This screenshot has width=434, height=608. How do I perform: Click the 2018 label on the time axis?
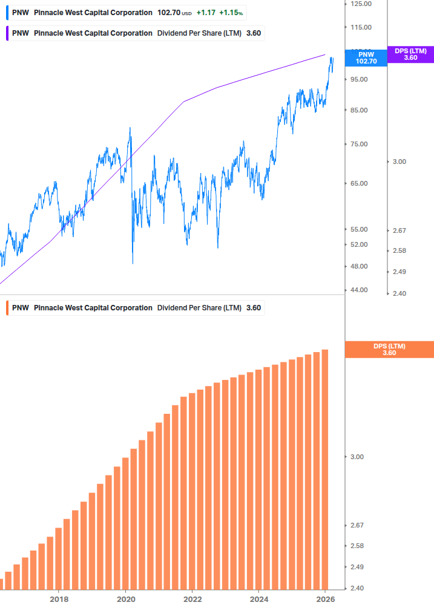59,600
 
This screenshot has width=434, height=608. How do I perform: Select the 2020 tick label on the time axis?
125,600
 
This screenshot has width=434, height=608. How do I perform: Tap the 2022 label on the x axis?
192,600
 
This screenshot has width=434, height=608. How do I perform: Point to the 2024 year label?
258,600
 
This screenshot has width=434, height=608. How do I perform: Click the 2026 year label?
326,600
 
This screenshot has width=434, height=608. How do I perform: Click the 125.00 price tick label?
361,4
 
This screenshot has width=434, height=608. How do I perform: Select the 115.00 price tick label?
361,27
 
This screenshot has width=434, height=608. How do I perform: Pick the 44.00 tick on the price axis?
359,290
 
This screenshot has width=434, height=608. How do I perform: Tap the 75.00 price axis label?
359,144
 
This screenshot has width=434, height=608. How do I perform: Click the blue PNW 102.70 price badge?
366,58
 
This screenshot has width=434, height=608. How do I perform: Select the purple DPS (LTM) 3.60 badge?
410,54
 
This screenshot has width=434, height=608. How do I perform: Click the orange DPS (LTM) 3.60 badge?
389,350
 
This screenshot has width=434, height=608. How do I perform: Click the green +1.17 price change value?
206,13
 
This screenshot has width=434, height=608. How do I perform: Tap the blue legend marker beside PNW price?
7,13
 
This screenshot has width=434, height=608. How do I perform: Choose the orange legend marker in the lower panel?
7,308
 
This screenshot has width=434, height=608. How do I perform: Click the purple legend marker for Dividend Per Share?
7,33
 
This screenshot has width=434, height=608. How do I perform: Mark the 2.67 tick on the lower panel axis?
357,525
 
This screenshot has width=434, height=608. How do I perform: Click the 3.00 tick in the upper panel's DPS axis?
399,162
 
